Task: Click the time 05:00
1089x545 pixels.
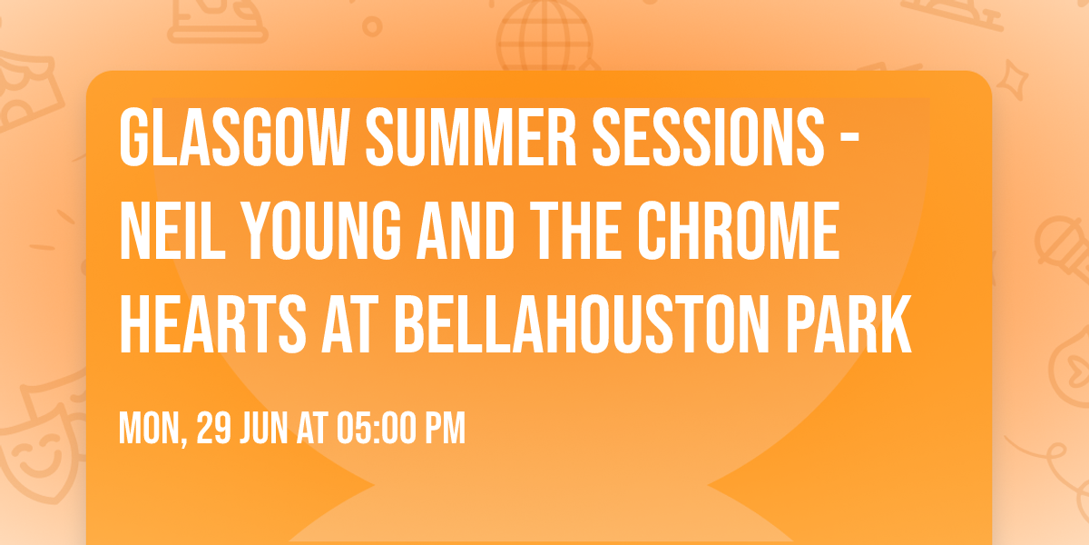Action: [374, 428]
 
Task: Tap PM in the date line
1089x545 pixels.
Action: [445, 428]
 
